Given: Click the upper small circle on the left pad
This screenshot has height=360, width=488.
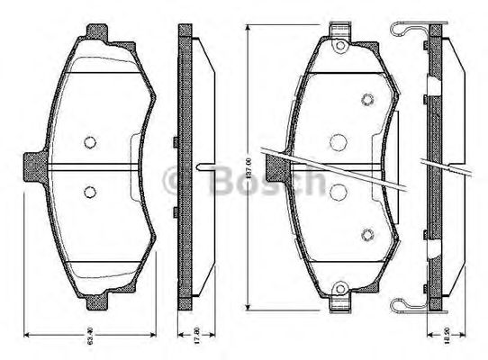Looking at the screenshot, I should tap(89, 141).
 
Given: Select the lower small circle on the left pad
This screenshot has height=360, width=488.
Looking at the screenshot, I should tap(89, 191).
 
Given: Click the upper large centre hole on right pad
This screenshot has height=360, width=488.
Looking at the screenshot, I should tap(339, 142).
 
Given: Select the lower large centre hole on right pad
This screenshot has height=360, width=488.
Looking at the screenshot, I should tap(339, 190).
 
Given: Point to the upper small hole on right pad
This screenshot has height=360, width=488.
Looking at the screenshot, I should tap(367, 100).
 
